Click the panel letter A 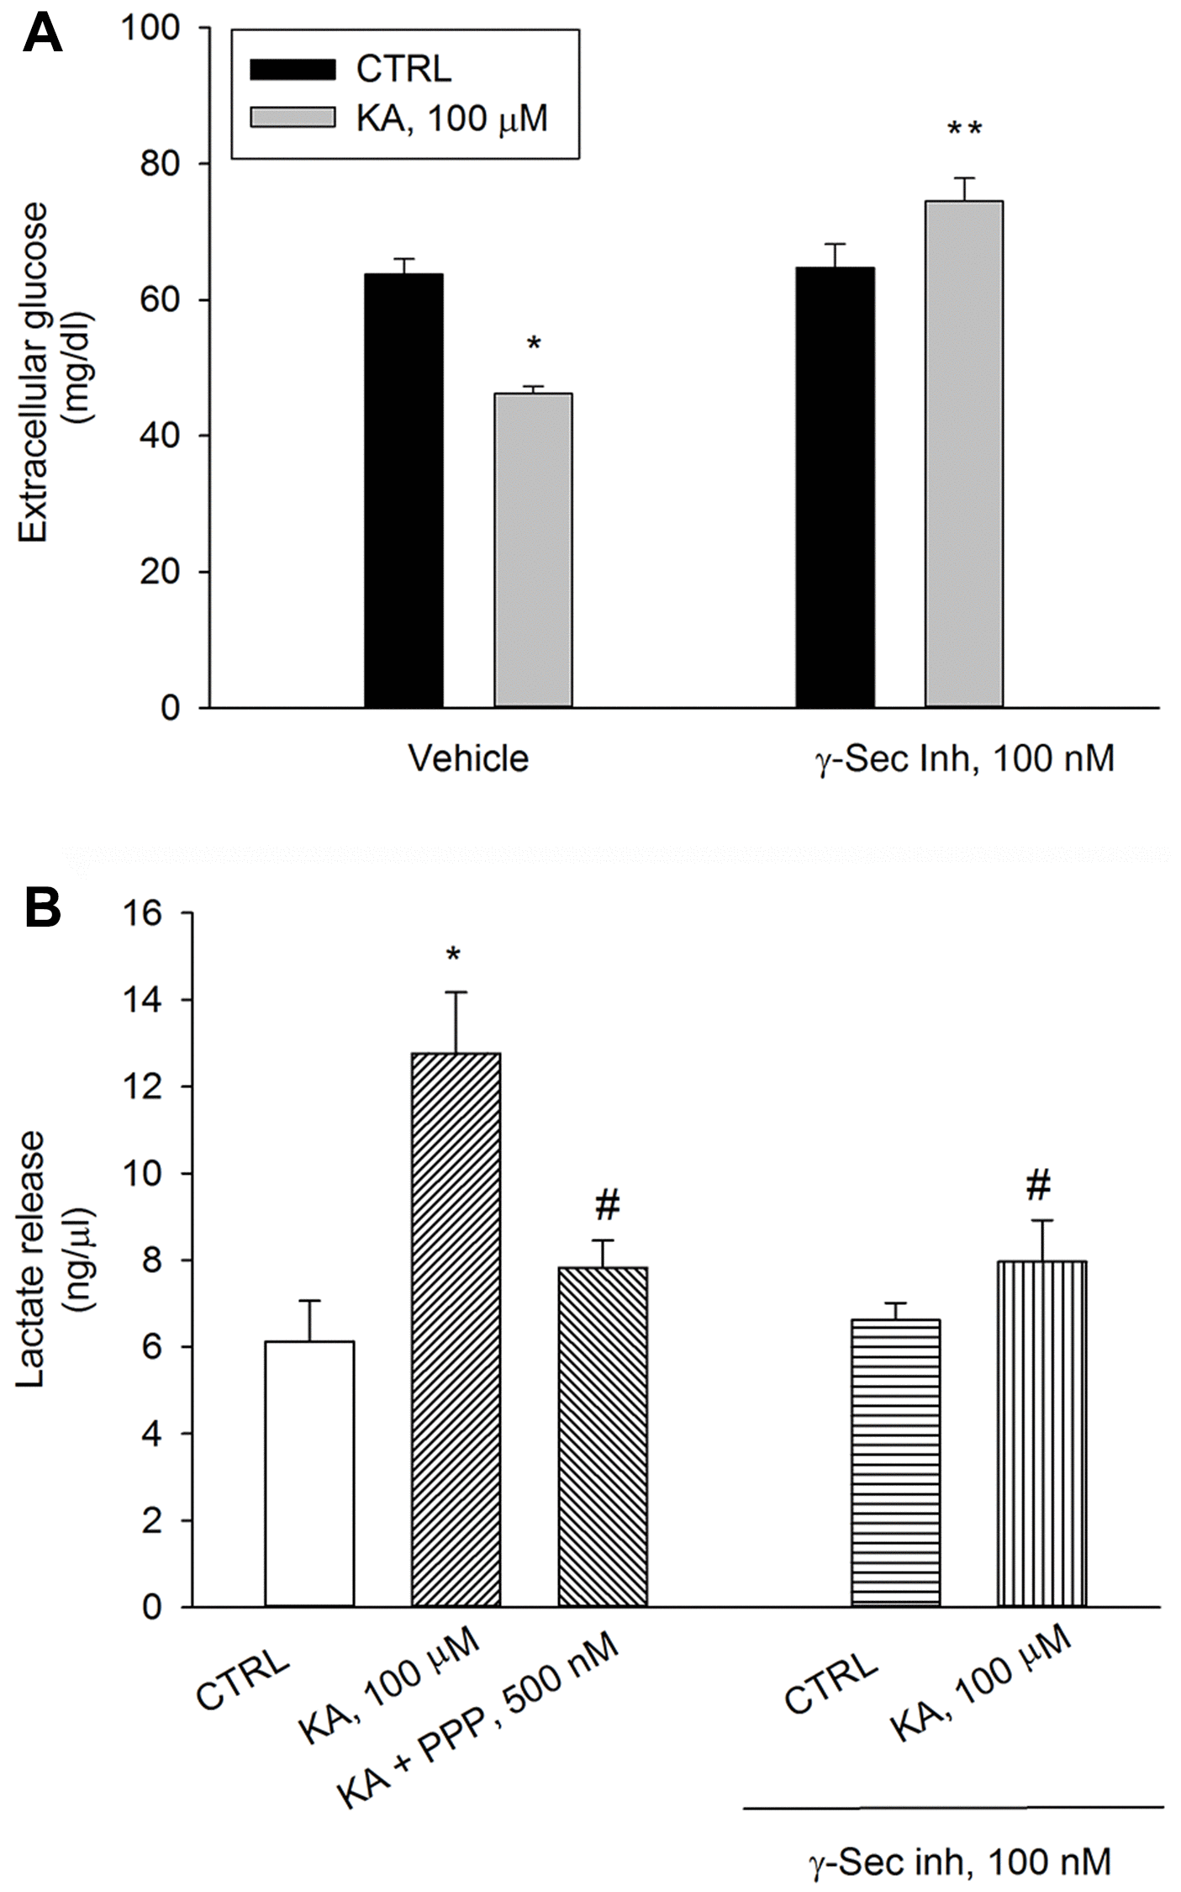tap(42, 35)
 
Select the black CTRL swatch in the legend tap(293, 69)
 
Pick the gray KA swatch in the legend tap(293, 118)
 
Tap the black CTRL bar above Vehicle tap(403, 490)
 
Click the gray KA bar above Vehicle tap(533, 550)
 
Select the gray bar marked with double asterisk tap(964, 454)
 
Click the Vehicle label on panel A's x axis tap(468, 758)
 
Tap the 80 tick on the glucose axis tap(160, 164)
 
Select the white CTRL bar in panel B tap(309, 1473)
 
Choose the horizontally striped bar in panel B tap(895, 1462)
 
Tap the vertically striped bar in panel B tap(1041, 1433)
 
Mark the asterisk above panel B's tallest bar tap(455, 955)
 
